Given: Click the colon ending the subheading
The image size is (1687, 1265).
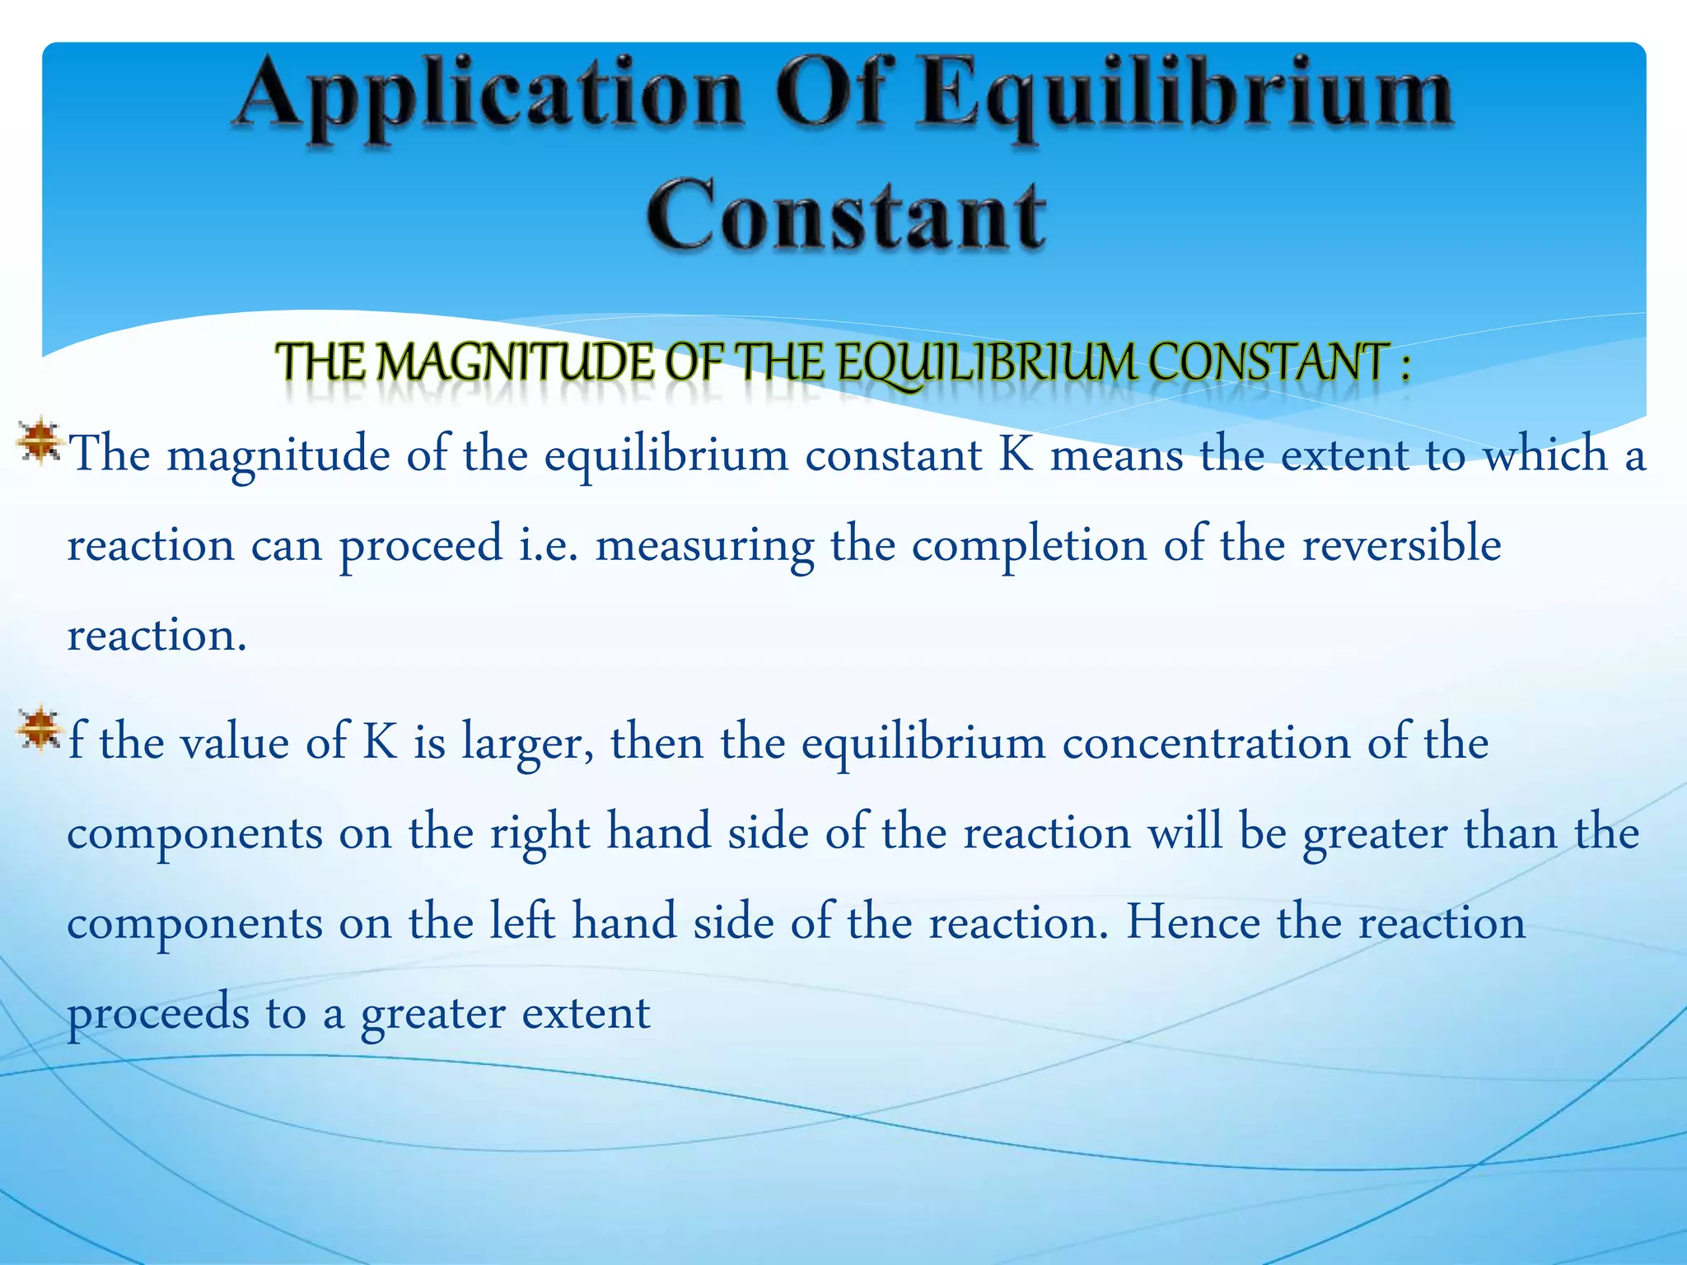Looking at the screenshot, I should [1404, 366].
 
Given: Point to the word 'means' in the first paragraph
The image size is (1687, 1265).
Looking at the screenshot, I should [1116, 455].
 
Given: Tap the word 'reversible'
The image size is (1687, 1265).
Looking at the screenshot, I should [1401, 544].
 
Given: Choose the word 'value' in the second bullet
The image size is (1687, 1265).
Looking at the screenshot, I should [234, 742].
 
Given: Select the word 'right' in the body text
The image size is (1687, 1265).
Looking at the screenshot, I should [540, 833].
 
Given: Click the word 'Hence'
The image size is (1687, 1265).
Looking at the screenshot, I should [1193, 922].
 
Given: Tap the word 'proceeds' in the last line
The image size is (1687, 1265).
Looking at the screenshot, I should [157, 1014].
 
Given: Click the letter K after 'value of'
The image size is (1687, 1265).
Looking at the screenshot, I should [380, 741].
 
